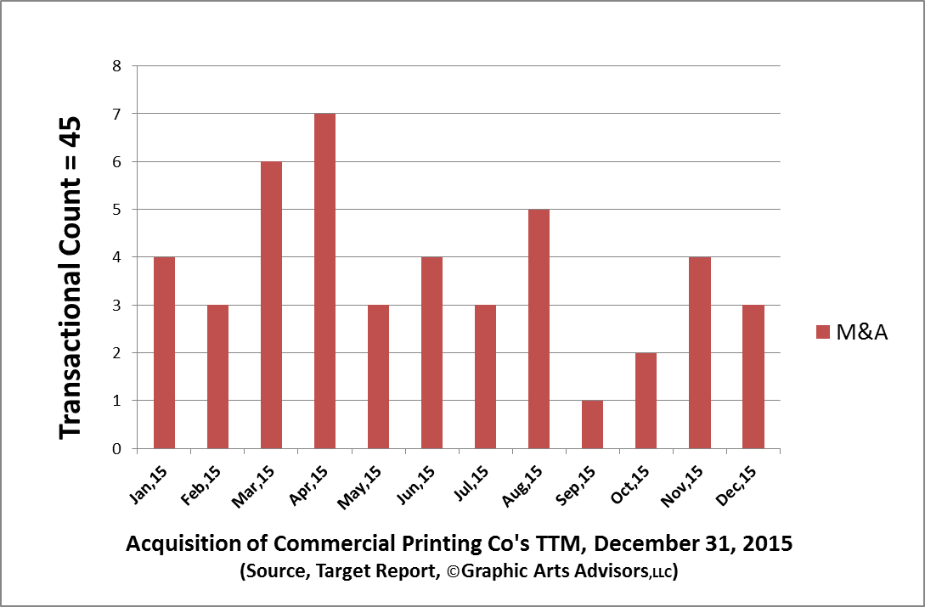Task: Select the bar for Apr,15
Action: (x=324, y=281)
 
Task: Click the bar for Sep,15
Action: (x=592, y=424)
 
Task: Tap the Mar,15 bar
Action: (x=271, y=305)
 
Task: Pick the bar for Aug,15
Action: (x=539, y=329)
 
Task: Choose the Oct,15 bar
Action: (x=646, y=401)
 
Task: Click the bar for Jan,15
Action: (x=164, y=352)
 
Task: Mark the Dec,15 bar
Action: (x=753, y=376)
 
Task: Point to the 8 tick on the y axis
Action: (x=117, y=66)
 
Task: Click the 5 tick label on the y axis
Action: (x=117, y=210)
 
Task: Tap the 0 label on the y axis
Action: (x=117, y=449)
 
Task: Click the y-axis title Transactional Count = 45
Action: (x=71, y=277)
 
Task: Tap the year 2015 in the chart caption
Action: (x=769, y=544)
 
